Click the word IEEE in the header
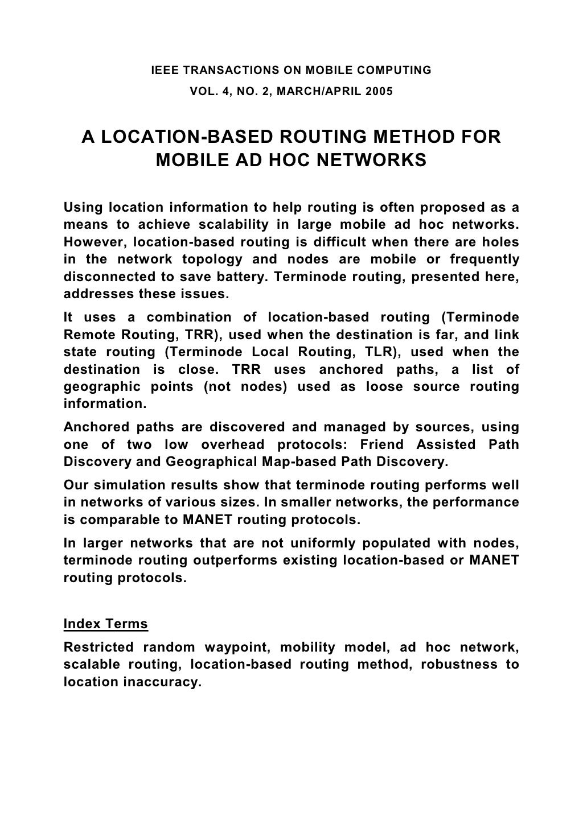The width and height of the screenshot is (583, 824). (162, 71)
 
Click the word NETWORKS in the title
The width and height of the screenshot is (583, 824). (371, 160)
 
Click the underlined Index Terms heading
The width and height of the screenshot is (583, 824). (106, 624)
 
